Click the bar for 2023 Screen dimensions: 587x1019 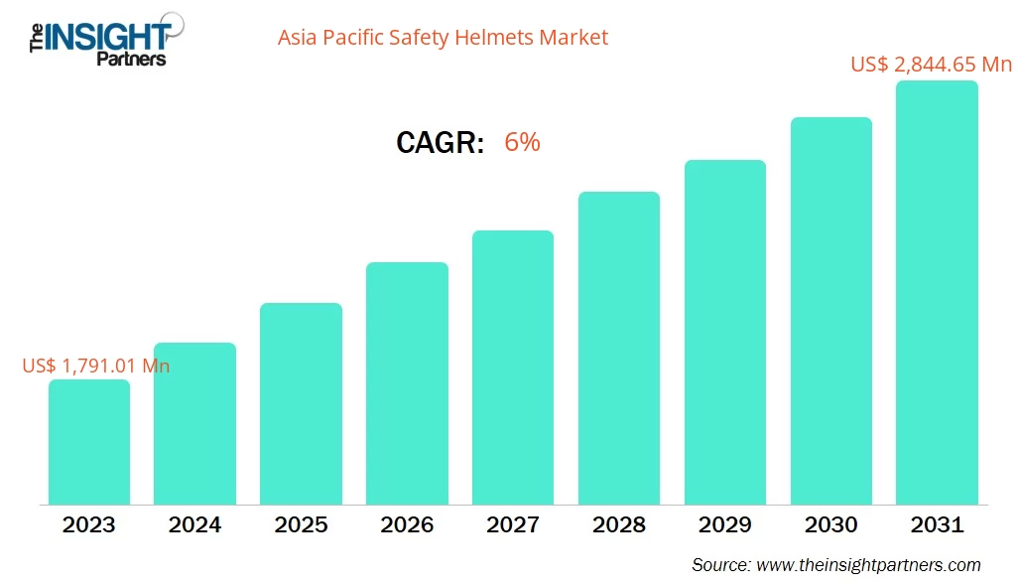[89, 442]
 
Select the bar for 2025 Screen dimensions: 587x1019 [301, 403]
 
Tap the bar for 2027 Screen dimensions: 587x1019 [512, 367]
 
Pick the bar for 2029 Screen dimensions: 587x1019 [724, 332]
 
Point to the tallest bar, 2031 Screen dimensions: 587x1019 [937, 292]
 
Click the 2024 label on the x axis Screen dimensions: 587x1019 [194, 524]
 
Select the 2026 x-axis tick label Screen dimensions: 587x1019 [407, 524]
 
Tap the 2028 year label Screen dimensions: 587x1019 [618, 524]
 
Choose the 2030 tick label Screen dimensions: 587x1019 [830, 524]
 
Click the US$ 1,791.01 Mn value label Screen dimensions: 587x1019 [96, 366]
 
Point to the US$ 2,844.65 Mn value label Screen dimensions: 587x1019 [931, 65]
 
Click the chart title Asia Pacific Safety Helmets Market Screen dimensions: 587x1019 [443, 38]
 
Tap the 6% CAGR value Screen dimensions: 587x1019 [522, 142]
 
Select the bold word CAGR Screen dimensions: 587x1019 [440, 143]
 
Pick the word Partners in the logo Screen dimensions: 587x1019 [131, 59]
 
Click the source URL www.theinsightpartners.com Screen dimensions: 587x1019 [868, 565]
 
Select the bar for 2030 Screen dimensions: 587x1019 [830, 311]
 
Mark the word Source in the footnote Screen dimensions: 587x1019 [719, 565]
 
